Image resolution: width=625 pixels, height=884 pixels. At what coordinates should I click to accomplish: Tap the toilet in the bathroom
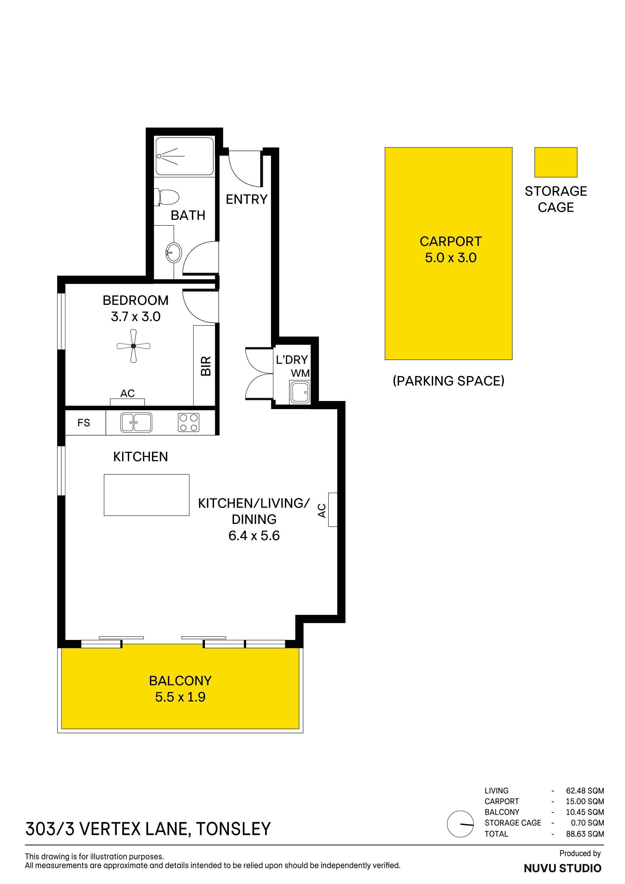pyautogui.click(x=167, y=197)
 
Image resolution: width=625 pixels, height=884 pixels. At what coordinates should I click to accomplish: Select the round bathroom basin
pyautogui.click(x=174, y=253)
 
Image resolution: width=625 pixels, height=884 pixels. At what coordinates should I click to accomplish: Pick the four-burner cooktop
pyautogui.click(x=188, y=422)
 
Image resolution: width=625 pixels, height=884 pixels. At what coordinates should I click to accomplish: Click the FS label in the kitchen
pyautogui.click(x=84, y=423)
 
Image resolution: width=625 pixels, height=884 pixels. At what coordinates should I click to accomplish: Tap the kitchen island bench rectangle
pyautogui.click(x=147, y=495)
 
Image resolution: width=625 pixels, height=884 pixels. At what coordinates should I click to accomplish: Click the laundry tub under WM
pyautogui.click(x=300, y=392)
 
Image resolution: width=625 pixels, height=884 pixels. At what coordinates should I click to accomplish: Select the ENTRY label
pyautogui.click(x=247, y=200)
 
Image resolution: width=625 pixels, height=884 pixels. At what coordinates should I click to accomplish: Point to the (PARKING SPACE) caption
pyautogui.click(x=448, y=381)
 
